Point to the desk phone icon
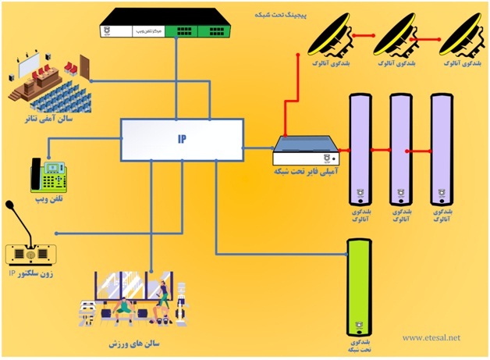tap(47, 176)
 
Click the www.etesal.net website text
tap(431, 339)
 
